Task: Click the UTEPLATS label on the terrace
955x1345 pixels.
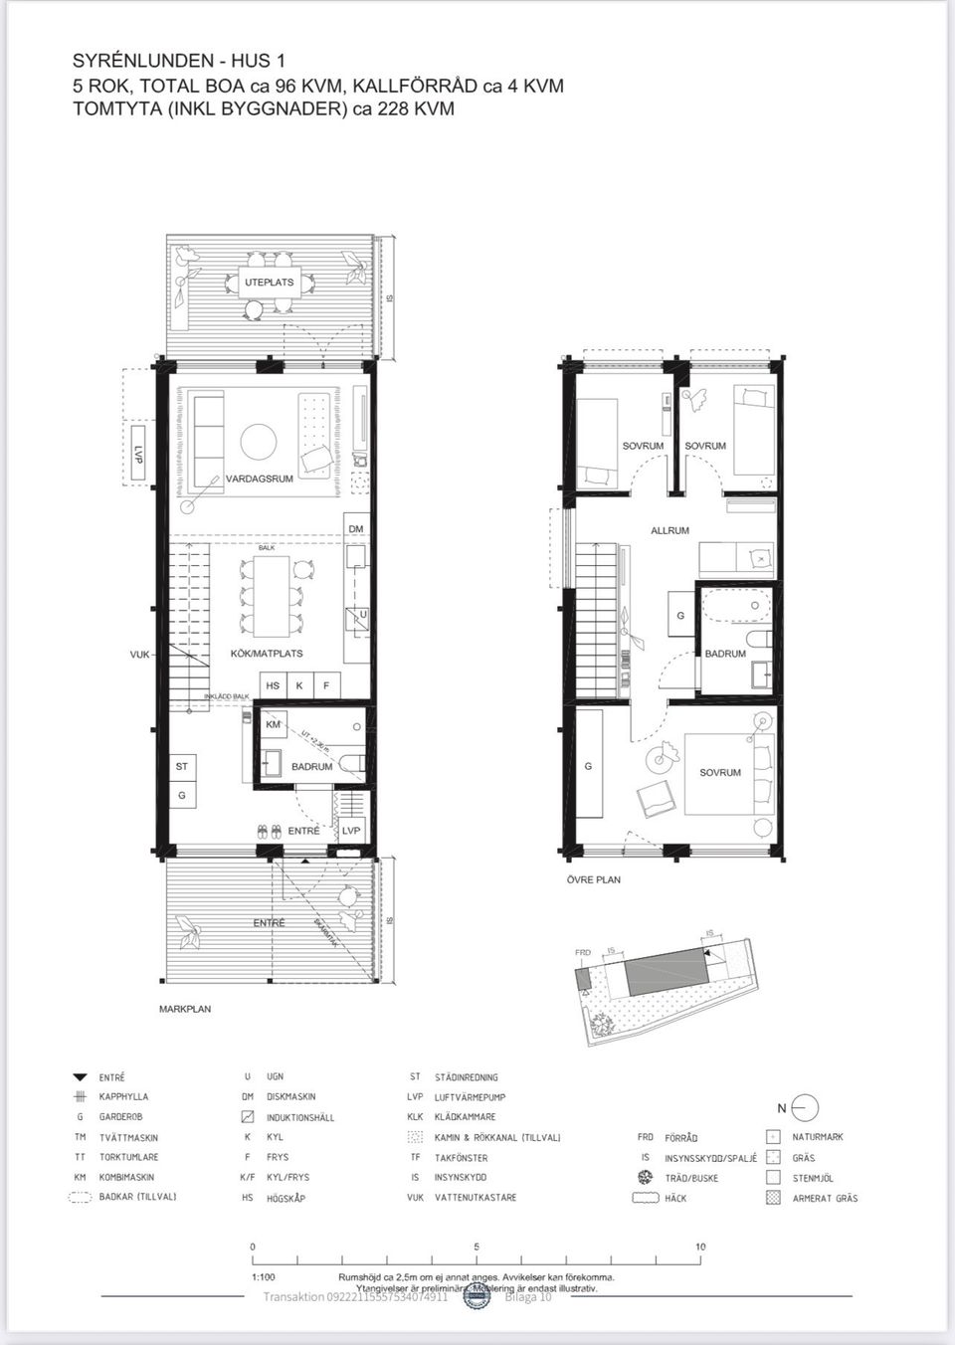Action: [270, 283]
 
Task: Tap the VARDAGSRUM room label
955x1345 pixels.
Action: [259, 479]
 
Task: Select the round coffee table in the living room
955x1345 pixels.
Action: [258, 440]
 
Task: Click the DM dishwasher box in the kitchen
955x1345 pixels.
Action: [356, 527]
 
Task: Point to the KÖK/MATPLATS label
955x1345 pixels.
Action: [266, 654]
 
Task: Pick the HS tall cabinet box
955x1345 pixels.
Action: [272, 685]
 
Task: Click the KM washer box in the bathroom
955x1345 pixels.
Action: [273, 725]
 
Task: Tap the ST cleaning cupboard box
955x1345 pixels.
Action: [182, 767]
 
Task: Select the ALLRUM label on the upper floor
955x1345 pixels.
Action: [669, 530]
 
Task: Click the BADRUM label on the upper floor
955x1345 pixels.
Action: [724, 654]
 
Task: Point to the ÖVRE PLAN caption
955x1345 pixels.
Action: [593, 879]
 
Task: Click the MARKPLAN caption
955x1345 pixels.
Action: [184, 1009]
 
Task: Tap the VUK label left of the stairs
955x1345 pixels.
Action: [139, 655]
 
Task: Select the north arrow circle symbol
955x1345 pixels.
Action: [806, 1107]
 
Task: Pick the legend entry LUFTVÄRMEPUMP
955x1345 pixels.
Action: [470, 1096]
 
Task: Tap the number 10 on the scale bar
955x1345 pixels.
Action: [700, 1247]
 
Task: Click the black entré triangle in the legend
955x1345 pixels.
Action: [80, 1077]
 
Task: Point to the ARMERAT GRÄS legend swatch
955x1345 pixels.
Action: [773, 1198]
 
